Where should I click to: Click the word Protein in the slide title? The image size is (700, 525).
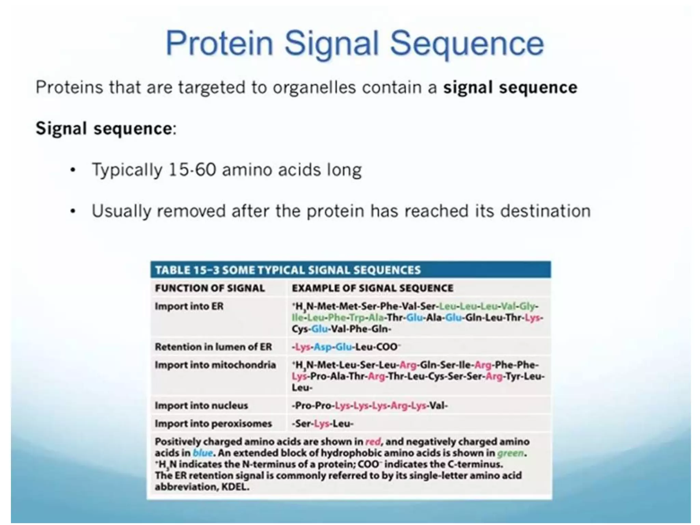219,44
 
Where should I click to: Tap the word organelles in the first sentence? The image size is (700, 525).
314,87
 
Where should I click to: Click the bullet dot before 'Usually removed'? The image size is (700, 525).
72,211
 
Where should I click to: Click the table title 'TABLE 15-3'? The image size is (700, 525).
187,270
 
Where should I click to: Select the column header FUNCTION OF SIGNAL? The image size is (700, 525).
210,288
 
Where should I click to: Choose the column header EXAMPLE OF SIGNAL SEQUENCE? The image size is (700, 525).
372,288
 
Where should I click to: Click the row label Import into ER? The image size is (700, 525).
189,306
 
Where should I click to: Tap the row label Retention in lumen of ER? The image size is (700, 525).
213,347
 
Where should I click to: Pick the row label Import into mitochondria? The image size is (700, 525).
215,365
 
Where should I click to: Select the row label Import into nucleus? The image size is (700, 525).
201,406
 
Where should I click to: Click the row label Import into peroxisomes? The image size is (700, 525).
213,424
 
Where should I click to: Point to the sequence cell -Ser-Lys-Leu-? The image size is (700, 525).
322,424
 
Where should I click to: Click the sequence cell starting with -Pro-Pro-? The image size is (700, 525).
369,406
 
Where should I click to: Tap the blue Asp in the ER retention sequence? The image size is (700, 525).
323,347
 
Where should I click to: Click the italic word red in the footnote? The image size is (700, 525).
373,442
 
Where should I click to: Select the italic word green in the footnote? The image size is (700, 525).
510,453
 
